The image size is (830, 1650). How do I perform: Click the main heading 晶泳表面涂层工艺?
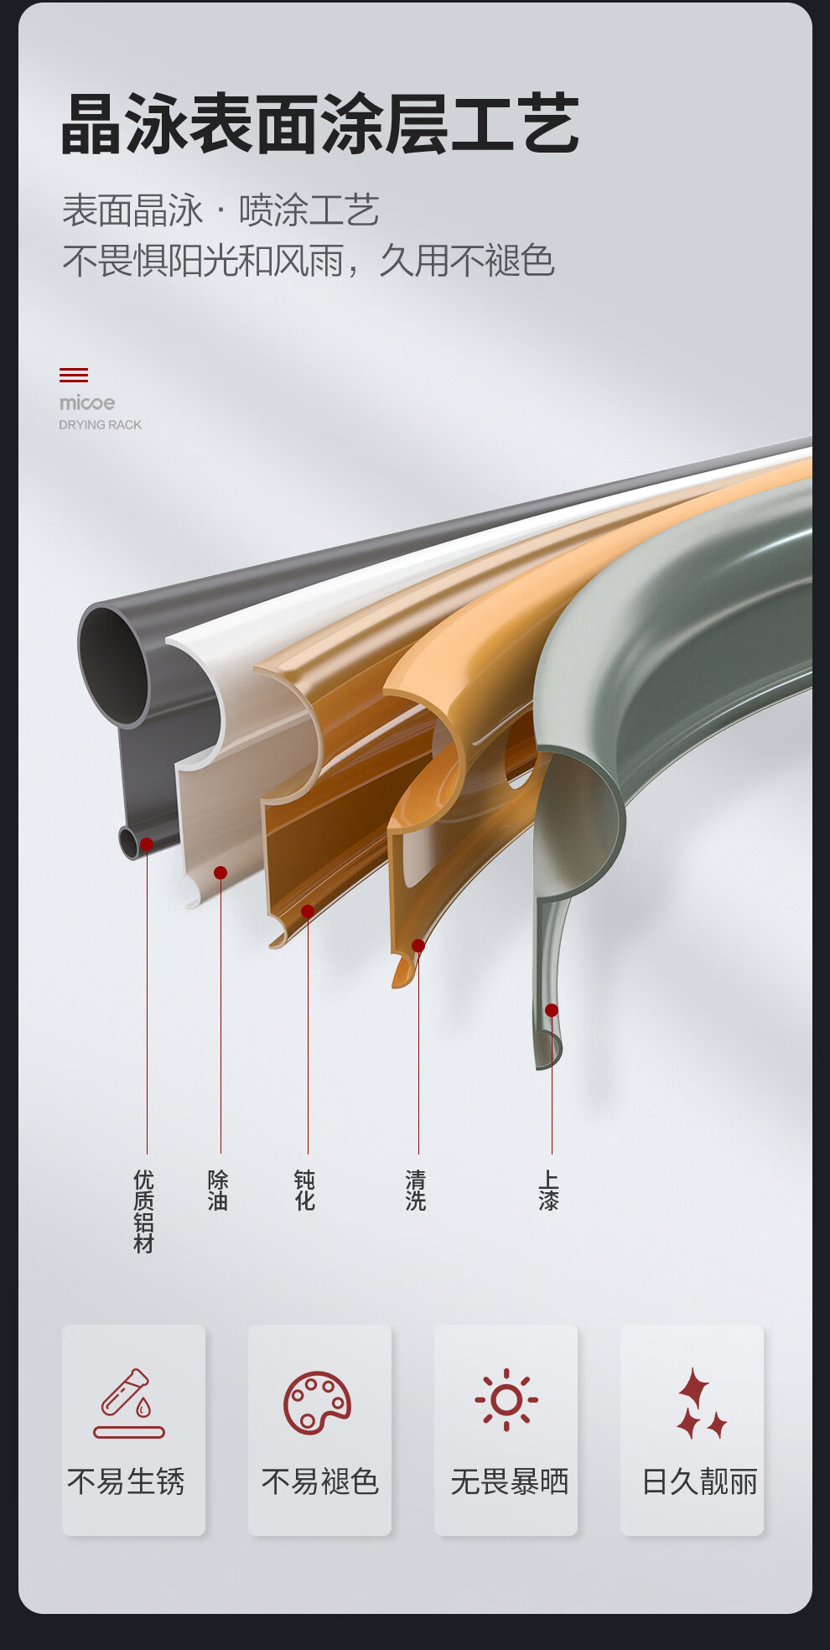(319, 124)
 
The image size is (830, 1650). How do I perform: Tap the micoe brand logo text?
(87, 403)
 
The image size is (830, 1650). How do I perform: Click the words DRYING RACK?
(100, 425)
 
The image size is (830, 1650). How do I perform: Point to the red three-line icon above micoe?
(74, 375)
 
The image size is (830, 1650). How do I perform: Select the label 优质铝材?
(144, 1212)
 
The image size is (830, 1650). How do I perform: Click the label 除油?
(218, 1191)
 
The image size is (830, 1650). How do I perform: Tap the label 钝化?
(305, 1191)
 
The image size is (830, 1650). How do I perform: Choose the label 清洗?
(416, 1191)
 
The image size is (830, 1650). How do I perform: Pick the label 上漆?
(549, 1191)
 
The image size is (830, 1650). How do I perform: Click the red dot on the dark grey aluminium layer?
(147, 844)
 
